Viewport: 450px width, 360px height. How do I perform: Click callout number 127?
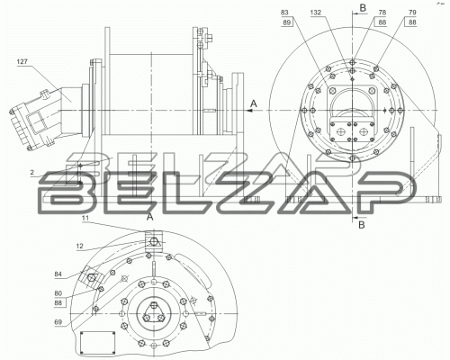click(22, 62)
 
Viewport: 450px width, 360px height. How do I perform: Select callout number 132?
click(316, 13)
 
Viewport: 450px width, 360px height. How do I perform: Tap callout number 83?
click(284, 13)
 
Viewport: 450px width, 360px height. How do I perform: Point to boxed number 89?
click(287, 22)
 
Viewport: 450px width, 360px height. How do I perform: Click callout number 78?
click(382, 13)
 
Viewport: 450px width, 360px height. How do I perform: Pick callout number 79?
click(412, 13)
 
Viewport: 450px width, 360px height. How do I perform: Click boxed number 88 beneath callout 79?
click(412, 22)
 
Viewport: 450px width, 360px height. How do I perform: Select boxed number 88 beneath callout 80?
click(58, 303)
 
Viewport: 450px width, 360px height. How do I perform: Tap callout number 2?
click(32, 172)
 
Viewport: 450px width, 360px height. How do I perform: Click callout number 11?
click(85, 218)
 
